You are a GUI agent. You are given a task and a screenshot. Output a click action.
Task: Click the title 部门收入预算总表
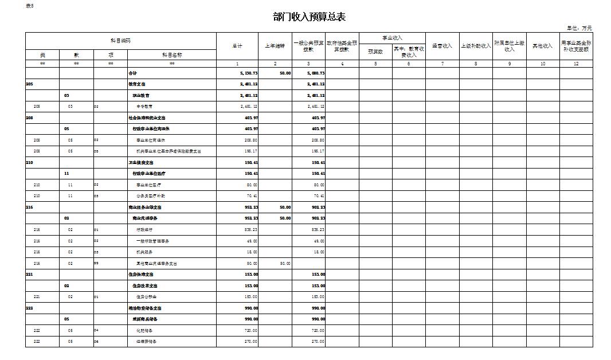(x=309, y=17)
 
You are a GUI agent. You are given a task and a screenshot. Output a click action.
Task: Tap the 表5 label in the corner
(x=30, y=6)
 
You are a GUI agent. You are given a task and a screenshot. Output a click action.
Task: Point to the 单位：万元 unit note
(x=579, y=28)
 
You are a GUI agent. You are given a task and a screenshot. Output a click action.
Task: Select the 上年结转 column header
(x=275, y=46)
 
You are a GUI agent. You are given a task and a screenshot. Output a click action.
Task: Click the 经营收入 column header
(x=442, y=46)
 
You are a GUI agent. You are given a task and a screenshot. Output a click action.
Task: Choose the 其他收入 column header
(x=543, y=46)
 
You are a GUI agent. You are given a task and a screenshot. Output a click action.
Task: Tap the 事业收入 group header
(x=393, y=38)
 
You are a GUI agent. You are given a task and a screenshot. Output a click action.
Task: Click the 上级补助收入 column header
(x=476, y=46)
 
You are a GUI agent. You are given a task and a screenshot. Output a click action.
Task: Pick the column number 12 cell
(x=576, y=64)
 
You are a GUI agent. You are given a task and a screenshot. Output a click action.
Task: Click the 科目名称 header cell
(x=172, y=55)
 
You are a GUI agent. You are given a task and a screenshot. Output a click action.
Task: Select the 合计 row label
(x=133, y=73)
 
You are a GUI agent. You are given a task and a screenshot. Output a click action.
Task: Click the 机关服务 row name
(x=144, y=252)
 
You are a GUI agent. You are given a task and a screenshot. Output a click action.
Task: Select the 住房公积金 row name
(x=147, y=297)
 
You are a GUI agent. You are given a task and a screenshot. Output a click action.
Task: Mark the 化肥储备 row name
(x=144, y=331)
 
